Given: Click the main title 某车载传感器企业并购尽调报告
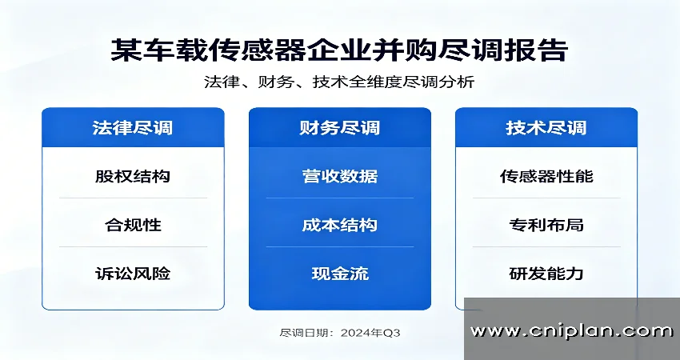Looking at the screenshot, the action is (339, 50).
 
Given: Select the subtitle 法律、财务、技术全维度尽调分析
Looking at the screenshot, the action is (339, 82).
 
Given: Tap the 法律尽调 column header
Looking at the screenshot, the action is (132, 128).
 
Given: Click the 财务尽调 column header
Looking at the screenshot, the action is (339, 128).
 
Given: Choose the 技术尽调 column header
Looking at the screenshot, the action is (546, 128).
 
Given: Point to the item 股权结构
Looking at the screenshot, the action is (133, 176).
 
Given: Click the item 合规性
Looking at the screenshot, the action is (133, 225).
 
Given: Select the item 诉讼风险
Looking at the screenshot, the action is (133, 274).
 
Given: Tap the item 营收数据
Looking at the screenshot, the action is (339, 176).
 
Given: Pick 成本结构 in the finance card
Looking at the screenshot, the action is (339, 225).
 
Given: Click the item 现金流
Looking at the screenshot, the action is (340, 274).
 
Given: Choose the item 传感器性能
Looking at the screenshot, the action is (546, 176).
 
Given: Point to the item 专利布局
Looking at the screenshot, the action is (546, 225).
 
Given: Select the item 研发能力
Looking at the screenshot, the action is (546, 274).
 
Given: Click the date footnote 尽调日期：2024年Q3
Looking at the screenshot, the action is (339, 333).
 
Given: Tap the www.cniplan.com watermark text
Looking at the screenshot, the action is (571, 331).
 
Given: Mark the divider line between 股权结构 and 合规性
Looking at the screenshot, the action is (133, 198).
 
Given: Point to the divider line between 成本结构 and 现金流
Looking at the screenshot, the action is (339, 246).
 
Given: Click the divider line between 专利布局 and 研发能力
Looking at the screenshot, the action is (546, 246).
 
